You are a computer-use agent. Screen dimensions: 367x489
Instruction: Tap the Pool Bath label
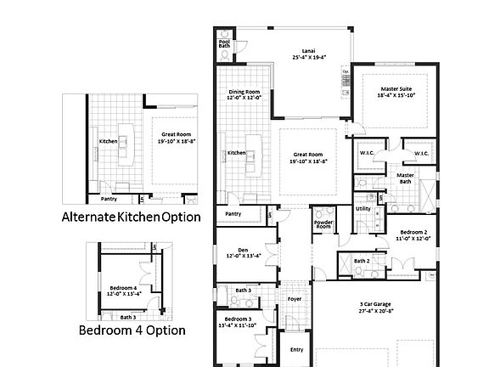224,43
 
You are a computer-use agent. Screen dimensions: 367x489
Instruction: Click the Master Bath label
406,178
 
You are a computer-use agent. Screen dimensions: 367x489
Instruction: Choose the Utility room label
363,208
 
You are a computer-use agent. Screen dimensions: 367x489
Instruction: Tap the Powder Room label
323,225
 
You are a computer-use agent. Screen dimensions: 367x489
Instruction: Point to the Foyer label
294,299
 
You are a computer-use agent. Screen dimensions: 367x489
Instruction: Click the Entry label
296,349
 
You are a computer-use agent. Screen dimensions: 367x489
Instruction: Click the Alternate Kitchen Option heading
132,217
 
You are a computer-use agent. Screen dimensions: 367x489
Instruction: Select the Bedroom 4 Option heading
132,330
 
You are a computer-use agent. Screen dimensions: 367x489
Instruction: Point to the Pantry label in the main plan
233,214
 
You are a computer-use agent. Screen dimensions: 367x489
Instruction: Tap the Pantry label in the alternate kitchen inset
109,199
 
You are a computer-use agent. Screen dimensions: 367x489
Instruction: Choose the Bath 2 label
362,261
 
